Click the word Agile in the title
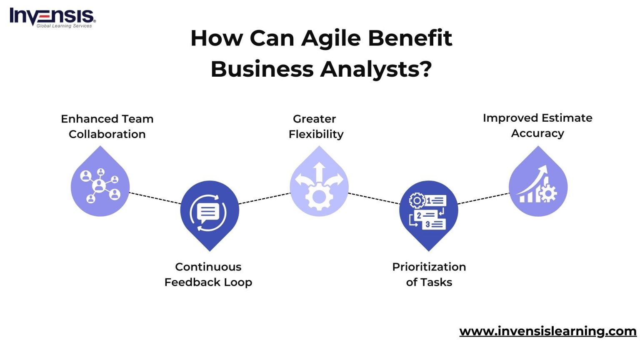[x=331, y=39]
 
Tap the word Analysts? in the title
[x=376, y=69]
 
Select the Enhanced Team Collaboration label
[x=107, y=126]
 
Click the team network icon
[x=100, y=185]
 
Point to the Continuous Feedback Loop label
[x=208, y=274]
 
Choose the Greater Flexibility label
[x=315, y=126]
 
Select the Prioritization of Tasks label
[x=429, y=274]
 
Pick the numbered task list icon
[x=428, y=212]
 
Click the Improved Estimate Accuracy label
[x=537, y=125]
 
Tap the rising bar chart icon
[x=538, y=185]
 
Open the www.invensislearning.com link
[x=547, y=331]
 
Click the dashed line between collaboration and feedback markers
[x=155, y=198]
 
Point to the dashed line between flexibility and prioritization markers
[x=374, y=198]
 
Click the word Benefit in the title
[x=410, y=39]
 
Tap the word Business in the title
[x=262, y=69]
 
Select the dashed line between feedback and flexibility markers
[x=265, y=198]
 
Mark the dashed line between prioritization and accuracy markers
[x=483, y=198]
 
